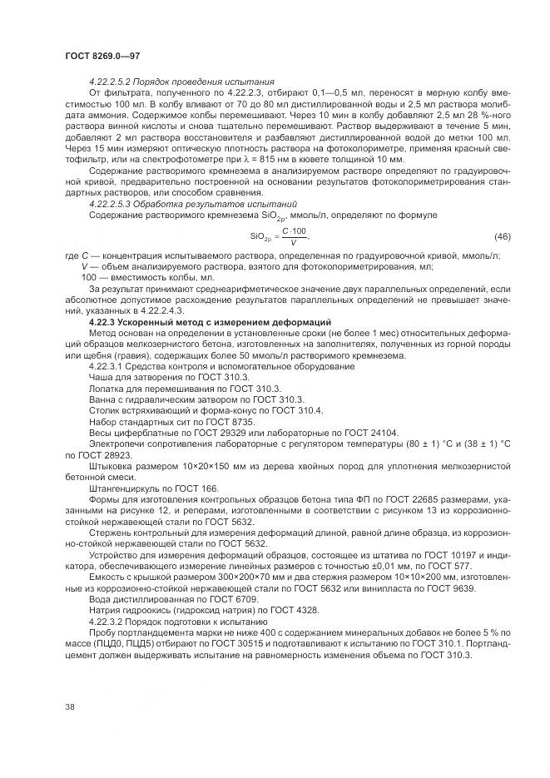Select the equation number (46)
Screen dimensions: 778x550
tap(503, 260)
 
